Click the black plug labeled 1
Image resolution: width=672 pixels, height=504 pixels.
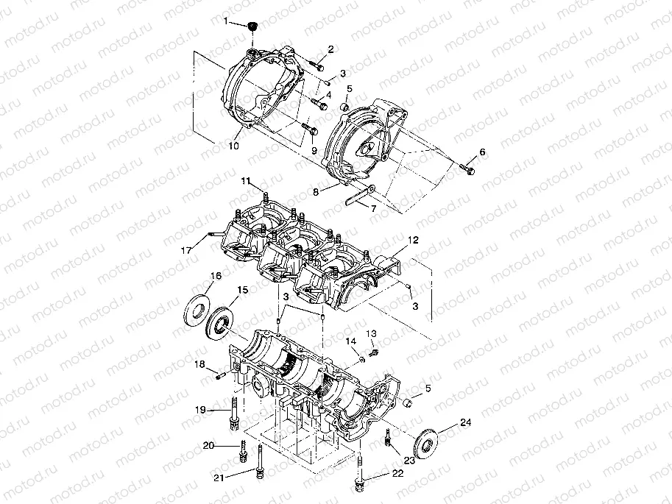[254, 27]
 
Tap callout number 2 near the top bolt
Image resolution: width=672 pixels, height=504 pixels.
[331, 50]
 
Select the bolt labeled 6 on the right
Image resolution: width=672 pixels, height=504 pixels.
[468, 170]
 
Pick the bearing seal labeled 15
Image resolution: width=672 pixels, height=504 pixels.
[222, 322]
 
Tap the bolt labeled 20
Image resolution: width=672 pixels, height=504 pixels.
[242, 450]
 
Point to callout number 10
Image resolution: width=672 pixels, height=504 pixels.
[234, 146]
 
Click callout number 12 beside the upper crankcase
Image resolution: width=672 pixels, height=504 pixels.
[414, 241]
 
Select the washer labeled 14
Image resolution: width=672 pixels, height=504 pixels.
[363, 360]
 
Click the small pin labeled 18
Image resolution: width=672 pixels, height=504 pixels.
[219, 375]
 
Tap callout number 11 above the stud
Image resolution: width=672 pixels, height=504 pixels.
[245, 180]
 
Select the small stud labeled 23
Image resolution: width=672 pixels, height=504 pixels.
[386, 441]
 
